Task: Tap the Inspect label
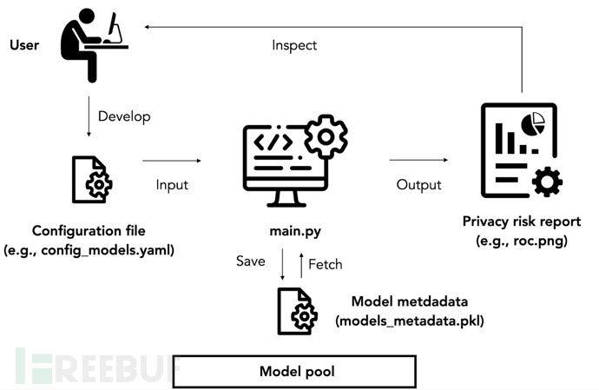tap(294, 45)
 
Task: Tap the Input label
tap(172, 185)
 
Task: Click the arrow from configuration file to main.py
tap(170, 160)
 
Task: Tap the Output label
tap(418, 185)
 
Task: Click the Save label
tap(250, 261)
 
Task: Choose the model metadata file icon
tap(296, 310)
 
